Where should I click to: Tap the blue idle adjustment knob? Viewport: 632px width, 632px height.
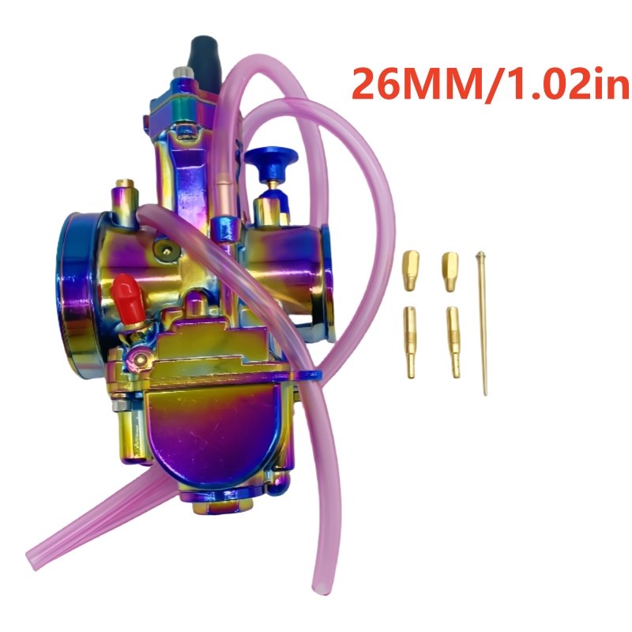pyautogui.click(x=273, y=164)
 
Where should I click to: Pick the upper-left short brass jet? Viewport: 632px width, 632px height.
pyautogui.click(x=411, y=269)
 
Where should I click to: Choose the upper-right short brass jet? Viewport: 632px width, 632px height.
pyautogui.click(x=450, y=269)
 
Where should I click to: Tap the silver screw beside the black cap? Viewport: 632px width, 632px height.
pyautogui.click(x=181, y=76)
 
